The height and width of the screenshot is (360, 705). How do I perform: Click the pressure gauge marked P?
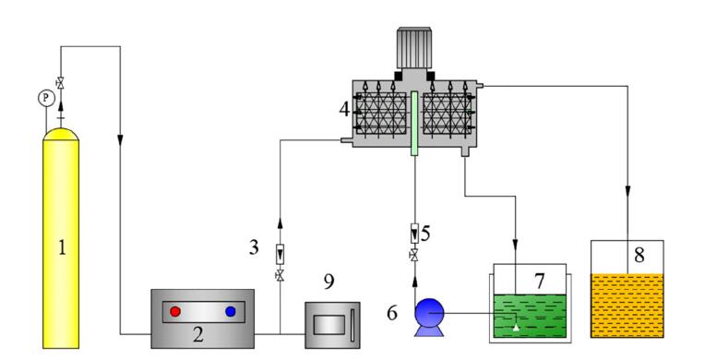46,98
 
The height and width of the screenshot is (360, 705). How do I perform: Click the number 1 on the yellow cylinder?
62,247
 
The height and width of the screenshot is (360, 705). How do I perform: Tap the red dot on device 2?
175,311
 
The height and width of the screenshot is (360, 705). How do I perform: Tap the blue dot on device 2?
231,311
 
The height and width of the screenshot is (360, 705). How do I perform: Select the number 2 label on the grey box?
197,334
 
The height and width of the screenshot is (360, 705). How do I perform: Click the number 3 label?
254,247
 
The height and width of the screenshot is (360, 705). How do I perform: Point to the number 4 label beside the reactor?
344,109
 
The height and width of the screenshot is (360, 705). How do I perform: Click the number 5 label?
425,233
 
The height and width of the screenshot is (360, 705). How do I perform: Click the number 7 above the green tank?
540,282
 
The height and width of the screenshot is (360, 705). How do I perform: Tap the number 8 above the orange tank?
639,255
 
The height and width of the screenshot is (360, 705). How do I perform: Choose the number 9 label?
329,282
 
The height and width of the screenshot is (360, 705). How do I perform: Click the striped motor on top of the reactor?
414,48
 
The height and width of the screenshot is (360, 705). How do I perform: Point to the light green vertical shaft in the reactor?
414,124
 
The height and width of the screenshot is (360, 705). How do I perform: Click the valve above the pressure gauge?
60,83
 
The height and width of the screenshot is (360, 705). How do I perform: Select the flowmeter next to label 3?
280,254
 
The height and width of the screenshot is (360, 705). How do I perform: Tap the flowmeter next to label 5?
414,234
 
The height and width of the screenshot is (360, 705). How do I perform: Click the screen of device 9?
329,324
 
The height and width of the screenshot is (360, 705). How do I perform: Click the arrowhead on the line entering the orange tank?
627,188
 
